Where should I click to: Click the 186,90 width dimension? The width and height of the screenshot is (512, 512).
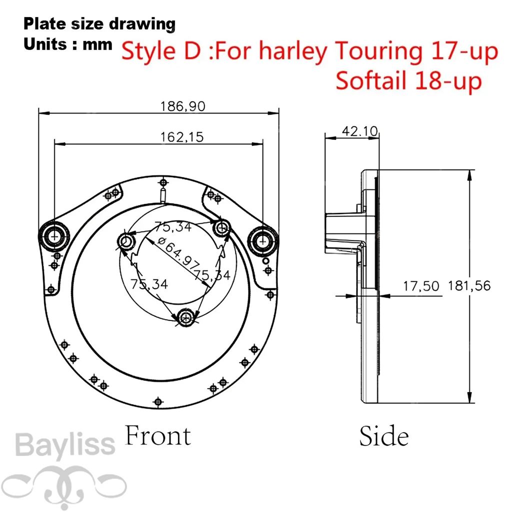point(182,106)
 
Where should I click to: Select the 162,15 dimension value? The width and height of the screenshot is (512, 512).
point(182,137)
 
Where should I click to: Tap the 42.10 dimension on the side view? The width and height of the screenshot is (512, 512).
point(360,131)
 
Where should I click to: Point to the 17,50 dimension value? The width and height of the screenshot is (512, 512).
point(421,286)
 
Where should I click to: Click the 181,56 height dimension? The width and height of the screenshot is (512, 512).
point(469,285)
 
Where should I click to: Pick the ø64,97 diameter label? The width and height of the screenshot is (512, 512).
point(178,252)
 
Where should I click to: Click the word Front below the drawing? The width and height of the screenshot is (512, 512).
point(157,435)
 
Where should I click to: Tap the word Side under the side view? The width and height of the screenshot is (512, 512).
point(384,436)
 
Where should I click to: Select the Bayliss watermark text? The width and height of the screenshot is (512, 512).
point(65,444)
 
